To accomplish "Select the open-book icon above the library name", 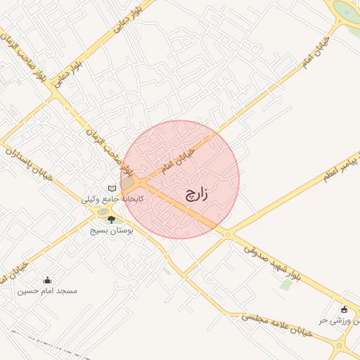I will point(112,188).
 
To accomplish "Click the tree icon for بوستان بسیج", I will point(111,220).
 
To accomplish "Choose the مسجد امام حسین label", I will point(48,290).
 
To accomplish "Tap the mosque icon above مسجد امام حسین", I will point(48,280).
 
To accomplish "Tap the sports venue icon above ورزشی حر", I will point(344,309).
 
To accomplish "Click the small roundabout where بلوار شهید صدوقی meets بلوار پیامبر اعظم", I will point(227,235).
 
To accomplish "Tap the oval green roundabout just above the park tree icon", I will point(103,212).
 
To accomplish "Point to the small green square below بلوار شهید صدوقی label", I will point(285,284).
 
